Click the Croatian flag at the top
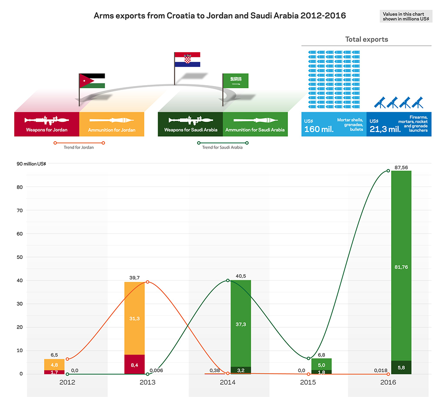tap(187, 60)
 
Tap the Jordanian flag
tap(92, 81)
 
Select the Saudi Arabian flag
tap(235, 81)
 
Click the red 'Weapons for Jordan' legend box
tap(47, 124)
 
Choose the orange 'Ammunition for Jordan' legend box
tap(112, 124)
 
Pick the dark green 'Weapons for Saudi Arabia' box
tap(190, 124)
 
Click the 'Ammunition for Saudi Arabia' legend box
tap(255, 124)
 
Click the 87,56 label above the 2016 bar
tap(401, 168)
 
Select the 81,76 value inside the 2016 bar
tap(401, 266)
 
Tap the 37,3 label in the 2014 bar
tap(241, 324)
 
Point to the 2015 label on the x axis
tap(308, 382)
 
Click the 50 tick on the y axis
tap(20, 257)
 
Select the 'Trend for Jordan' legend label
tap(79, 147)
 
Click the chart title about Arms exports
tap(220, 16)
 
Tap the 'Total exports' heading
tap(366, 39)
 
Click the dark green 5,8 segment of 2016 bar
tap(401, 367)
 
